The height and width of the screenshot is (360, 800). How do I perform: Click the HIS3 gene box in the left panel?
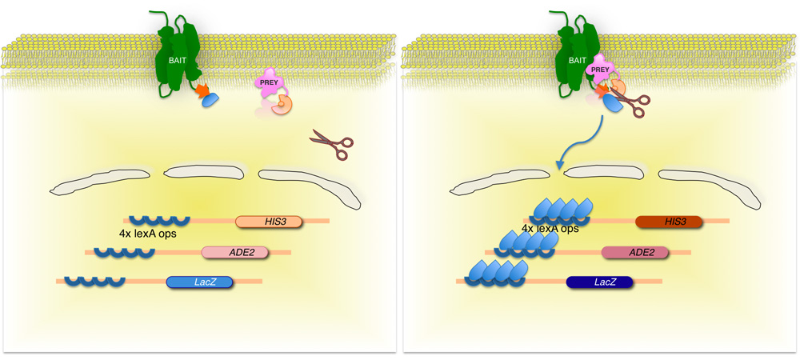point(269,222)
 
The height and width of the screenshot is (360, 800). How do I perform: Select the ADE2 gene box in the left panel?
point(235,252)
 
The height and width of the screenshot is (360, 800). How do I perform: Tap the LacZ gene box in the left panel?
point(200,282)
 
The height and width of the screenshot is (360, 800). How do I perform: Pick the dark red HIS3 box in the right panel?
point(669,222)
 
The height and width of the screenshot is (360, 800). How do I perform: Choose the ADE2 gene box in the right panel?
point(635,252)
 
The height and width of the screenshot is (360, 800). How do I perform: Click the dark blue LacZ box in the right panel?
point(600,282)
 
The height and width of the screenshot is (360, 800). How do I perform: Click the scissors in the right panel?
point(632,102)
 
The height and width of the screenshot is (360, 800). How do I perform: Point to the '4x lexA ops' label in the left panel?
point(147,234)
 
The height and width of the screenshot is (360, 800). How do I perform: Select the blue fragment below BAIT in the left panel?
point(210,100)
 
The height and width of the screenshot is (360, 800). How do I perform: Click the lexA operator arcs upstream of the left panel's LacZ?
point(94,281)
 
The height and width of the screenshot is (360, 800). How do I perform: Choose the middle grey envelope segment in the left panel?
point(203,171)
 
